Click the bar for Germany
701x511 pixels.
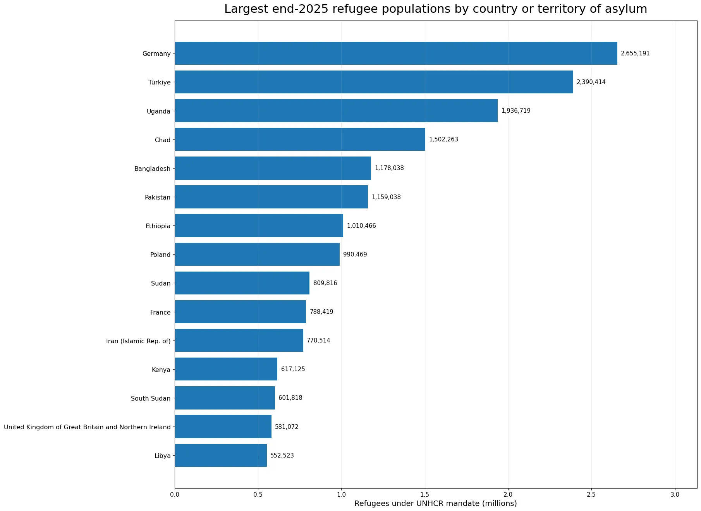[x=396, y=53]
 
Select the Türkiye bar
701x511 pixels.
[x=374, y=82]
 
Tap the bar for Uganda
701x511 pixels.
[x=336, y=111]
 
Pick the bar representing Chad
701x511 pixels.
[x=300, y=139]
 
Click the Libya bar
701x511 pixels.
[x=221, y=456]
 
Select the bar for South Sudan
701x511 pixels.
[x=225, y=398]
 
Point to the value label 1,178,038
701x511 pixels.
[x=389, y=168]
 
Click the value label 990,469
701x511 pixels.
[x=355, y=255]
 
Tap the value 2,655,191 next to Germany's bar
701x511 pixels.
[x=635, y=53]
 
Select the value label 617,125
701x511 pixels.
[x=293, y=369]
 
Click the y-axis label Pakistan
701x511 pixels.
[x=158, y=198]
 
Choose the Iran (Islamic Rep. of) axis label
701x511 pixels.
[x=138, y=341]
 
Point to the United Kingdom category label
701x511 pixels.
[x=87, y=427]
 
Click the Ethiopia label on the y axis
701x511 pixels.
[x=158, y=226]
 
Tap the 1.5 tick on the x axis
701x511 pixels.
[x=425, y=495]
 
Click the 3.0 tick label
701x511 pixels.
[x=675, y=495]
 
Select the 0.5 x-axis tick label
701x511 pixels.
[x=258, y=495]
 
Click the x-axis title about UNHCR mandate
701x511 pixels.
[x=436, y=504]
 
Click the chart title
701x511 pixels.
[x=436, y=9]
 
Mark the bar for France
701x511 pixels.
[x=240, y=312]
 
